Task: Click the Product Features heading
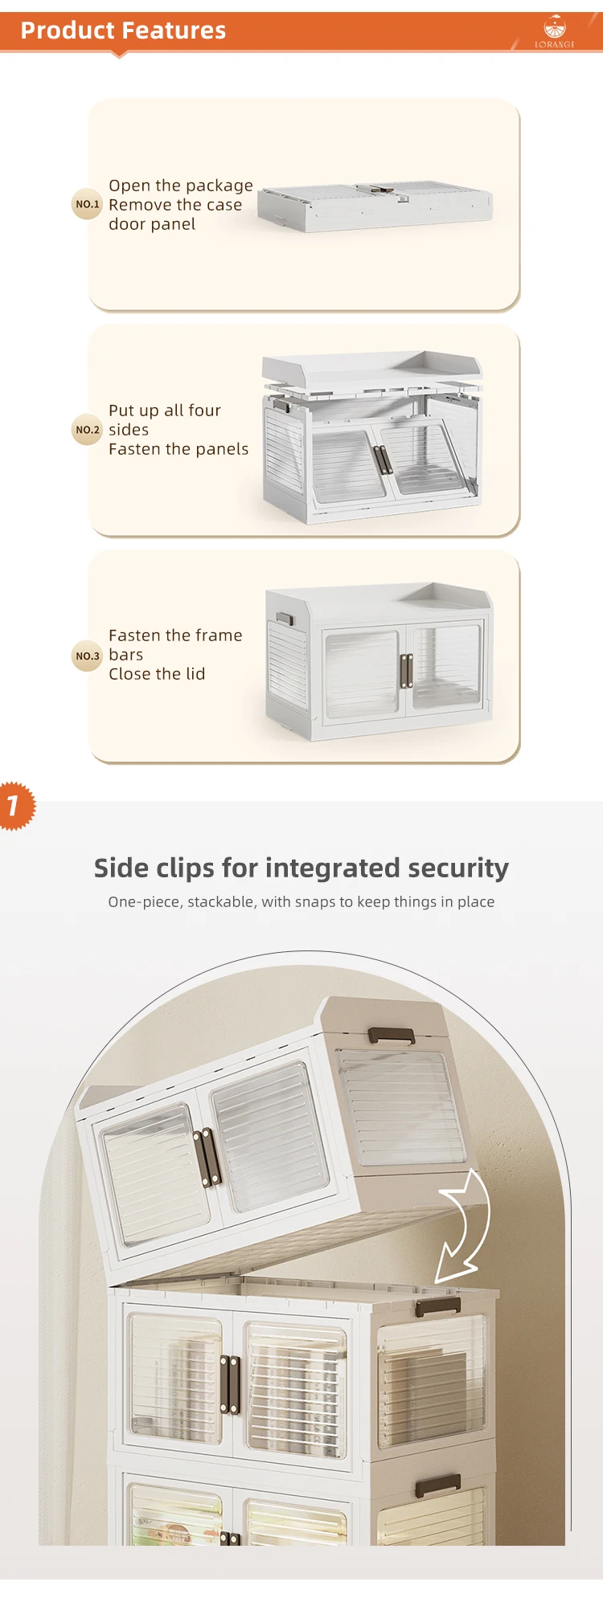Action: [123, 31]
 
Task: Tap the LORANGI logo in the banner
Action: [555, 31]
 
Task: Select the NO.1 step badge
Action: [88, 204]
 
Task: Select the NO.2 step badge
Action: [88, 430]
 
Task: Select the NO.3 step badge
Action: [88, 656]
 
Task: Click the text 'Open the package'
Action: [181, 186]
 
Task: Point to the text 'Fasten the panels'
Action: [178, 449]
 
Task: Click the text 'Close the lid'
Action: [157, 674]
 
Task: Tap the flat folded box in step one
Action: [375, 206]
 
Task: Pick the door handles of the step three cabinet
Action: [406, 671]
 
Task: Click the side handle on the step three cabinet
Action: [286, 619]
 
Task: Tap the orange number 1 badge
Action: [14, 805]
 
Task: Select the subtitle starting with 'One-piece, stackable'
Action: [301, 901]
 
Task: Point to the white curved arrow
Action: [464, 1227]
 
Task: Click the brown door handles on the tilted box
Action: [207, 1158]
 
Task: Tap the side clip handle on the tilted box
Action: [391, 1035]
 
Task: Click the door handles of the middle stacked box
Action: [230, 1384]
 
